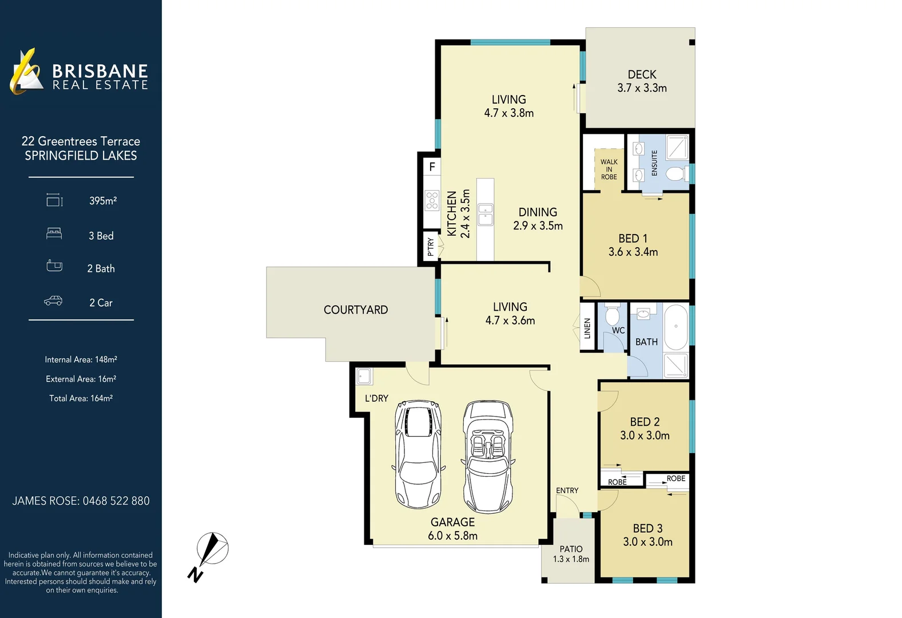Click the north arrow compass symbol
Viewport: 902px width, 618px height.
210,552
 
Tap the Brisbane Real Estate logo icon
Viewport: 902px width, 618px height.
26,72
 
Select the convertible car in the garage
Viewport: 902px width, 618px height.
487,456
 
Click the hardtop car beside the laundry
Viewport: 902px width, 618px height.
419,454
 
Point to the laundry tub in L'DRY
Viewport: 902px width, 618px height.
364,377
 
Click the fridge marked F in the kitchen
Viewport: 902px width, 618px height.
432,167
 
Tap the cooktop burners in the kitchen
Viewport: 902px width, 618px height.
432,201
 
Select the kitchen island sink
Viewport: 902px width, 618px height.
486,215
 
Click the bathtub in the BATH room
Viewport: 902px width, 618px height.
675,327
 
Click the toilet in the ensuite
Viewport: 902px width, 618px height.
675,173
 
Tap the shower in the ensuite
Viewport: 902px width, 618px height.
677,148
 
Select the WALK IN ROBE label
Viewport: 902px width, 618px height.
609,169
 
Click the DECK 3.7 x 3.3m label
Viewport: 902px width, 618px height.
642,81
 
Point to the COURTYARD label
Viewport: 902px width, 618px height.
356,310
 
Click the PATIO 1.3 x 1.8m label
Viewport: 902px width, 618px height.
571,554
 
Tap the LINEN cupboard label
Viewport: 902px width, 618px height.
587,328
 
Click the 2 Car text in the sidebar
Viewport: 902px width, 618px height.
101,303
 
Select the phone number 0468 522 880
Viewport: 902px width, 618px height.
116,501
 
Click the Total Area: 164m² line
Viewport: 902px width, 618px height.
81,398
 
